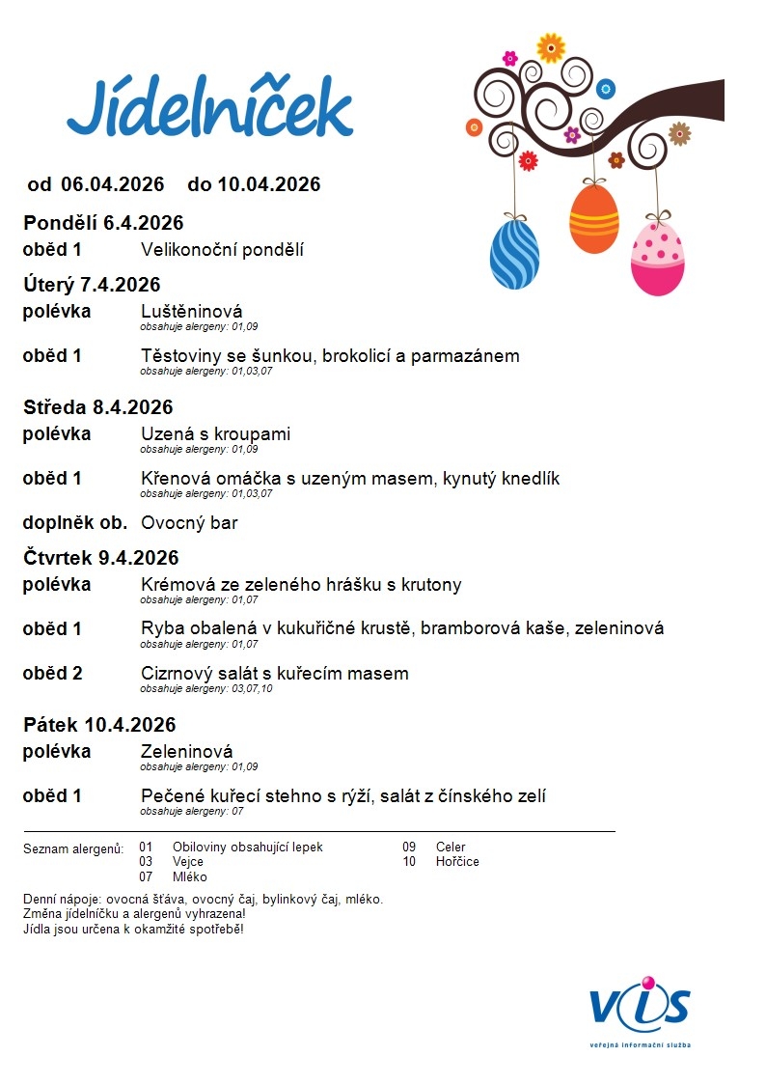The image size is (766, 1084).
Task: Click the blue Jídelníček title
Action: pos(209,108)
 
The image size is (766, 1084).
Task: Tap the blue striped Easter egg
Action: pos(514,254)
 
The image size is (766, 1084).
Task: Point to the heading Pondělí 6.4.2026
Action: pos(103,224)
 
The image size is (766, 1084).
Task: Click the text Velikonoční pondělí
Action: pos(222,250)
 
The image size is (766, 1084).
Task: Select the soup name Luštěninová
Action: pos(191,311)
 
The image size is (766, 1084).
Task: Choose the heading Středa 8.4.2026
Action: pos(98,407)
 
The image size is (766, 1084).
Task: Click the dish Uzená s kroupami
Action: pos(215,433)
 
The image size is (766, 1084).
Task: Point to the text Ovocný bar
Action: pos(189,523)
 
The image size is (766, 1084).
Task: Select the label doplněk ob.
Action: pos(75,523)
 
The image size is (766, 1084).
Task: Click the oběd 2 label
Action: pos(52,673)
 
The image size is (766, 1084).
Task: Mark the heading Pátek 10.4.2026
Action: pos(99,725)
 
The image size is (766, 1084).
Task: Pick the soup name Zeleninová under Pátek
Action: pos(186,751)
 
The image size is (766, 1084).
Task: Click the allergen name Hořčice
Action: pos(457,861)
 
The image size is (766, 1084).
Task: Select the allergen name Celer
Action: pos(451,847)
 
